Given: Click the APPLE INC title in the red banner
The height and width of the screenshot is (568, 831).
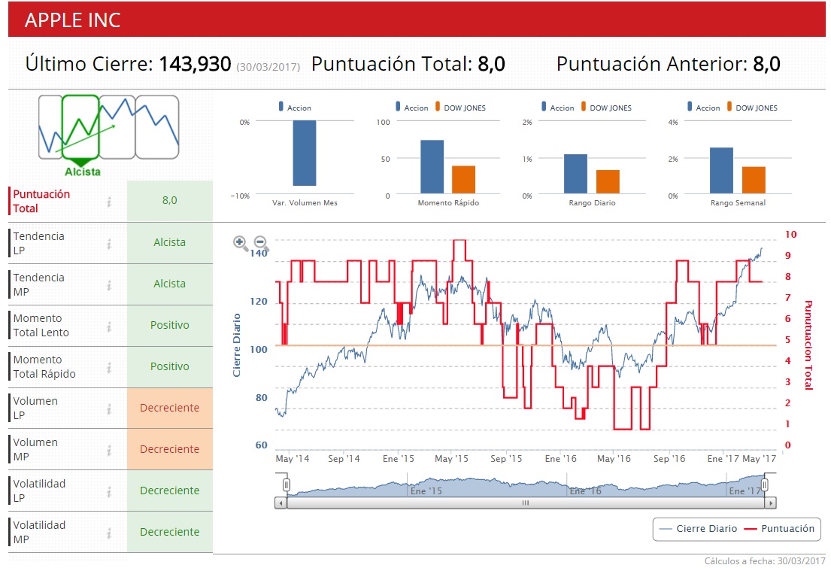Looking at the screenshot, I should coord(72,20).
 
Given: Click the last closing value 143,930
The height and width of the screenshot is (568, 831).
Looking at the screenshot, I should coord(194,64).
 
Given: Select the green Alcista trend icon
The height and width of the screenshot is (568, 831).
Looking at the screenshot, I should coord(81,130).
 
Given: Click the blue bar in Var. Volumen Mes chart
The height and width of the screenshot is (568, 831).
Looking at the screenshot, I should coord(304,153).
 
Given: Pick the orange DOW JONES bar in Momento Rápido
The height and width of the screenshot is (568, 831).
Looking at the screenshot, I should coord(463,180).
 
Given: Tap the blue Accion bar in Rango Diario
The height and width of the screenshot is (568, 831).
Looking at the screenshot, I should coord(575,174).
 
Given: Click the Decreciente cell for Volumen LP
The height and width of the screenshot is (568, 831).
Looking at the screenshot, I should coord(170,408).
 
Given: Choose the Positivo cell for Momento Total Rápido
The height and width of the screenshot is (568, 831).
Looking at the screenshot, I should coord(170,366).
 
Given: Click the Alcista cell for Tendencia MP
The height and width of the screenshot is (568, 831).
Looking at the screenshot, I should coord(170,284).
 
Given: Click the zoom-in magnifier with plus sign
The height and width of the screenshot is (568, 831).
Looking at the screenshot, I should coord(241,242).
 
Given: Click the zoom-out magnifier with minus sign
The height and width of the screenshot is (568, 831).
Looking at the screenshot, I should coord(261,242).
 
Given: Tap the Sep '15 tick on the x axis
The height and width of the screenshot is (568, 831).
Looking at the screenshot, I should coord(506,458).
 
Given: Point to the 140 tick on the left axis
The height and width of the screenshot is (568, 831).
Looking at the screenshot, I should coord(259,254).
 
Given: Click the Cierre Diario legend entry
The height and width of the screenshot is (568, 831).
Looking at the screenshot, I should coord(699,529).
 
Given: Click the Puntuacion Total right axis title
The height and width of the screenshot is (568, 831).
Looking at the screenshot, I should coord(809,345).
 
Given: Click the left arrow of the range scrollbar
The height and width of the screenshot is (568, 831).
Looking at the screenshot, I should coord(281,503).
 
